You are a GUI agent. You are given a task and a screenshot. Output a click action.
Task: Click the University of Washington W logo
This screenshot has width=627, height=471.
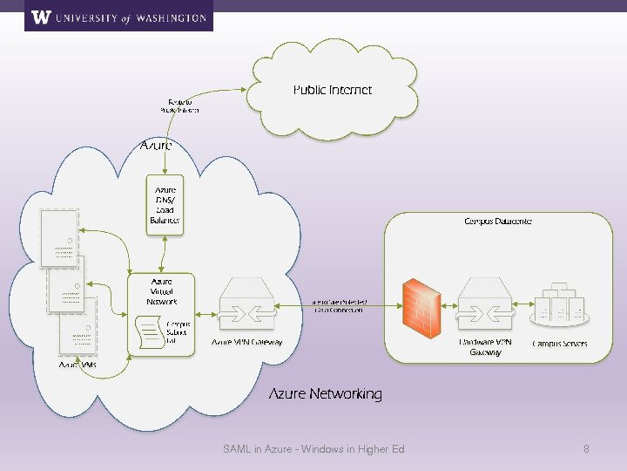coord(40,17)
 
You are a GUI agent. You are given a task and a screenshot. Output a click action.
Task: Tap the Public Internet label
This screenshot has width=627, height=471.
coord(332,90)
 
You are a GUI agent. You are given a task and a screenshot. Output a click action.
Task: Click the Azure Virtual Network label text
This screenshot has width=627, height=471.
coord(161,291)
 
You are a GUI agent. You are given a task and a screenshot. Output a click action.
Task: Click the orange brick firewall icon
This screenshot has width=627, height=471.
coord(421,306)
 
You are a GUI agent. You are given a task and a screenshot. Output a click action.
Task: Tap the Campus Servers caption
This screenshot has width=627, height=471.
coord(559,344)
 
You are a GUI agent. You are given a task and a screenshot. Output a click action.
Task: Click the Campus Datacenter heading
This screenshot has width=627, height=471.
coord(497,222)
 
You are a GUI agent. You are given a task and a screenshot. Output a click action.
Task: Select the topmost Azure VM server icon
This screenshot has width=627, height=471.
coord(58,237)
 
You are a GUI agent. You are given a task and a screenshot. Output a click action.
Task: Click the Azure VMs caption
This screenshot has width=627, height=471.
coord(78,365)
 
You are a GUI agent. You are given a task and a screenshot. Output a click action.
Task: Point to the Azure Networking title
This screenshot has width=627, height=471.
coord(325,394)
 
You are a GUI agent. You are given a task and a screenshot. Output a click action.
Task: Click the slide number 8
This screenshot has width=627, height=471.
coord(586,449)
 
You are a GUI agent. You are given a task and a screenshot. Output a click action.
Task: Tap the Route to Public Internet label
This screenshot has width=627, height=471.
coord(179,106)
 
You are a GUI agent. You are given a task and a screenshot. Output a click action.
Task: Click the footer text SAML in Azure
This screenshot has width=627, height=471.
coord(313,449)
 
